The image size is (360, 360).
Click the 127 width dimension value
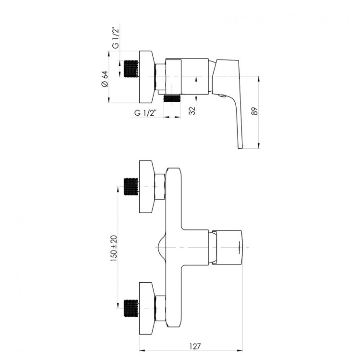(195, 346)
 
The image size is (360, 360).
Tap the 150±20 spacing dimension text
(114, 248)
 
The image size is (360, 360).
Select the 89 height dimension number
(254, 111)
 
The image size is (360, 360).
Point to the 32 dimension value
(192, 111)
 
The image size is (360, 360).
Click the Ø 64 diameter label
(105, 79)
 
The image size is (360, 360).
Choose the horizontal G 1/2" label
(145, 113)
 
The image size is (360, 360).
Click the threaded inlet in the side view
(132, 69)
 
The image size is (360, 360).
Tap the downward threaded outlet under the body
(172, 99)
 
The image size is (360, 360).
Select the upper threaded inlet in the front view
(131, 187)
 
